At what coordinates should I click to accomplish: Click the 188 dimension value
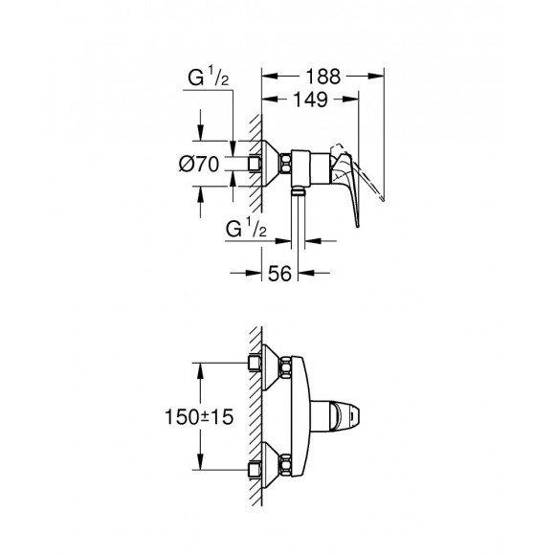click(x=322, y=77)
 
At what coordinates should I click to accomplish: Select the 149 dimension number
click(x=311, y=100)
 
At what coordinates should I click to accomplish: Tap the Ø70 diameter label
click(x=199, y=165)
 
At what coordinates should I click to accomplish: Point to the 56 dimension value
click(x=279, y=274)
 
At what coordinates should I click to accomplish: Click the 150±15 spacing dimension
click(x=199, y=416)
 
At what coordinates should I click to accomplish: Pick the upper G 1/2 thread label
click(x=209, y=78)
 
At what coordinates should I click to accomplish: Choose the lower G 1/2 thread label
click(x=246, y=229)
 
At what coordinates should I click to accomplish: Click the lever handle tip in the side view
click(x=358, y=225)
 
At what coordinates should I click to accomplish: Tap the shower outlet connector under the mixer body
click(x=298, y=191)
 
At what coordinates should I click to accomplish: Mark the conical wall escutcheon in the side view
click(x=271, y=164)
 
